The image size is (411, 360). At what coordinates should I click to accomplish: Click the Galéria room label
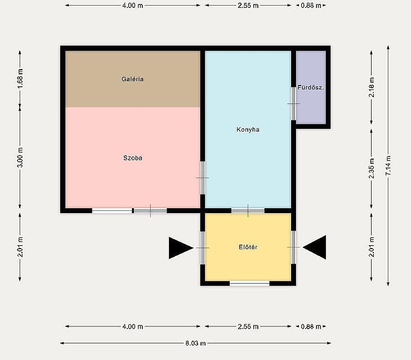[x=132, y=79]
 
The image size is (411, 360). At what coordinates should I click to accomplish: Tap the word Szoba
[x=133, y=158]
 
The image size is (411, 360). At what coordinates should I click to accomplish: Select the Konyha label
[x=248, y=129]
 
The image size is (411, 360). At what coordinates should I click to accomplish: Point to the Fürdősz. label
[x=311, y=87]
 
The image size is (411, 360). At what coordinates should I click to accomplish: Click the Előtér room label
[x=248, y=247]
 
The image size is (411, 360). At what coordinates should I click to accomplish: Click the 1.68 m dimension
[x=20, y=79]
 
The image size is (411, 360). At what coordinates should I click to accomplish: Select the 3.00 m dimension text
[x=20, y=157]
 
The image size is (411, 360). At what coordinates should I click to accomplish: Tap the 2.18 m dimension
[x=372, y=87]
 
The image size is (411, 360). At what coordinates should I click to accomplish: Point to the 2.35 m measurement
[x=372, y=168]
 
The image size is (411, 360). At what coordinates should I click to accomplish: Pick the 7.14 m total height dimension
[x=388, y=165]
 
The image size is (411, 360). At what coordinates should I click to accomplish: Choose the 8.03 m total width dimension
[x=195, y=343]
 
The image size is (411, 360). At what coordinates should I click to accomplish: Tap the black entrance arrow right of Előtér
[x=315, y=247]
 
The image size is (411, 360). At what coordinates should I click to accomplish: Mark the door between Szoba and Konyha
[x=203, y=178]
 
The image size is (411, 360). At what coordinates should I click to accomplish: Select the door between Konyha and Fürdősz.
[x=294, y=103]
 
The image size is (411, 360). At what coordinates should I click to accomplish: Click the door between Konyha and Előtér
[x=248, y=210]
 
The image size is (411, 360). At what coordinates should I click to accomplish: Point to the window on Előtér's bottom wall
[x=249, y=283]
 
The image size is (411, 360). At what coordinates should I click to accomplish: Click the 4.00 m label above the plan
[x=133, y=5]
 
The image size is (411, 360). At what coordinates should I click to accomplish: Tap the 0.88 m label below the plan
[x=311, y=326]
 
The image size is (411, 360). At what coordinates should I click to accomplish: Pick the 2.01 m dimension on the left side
[x=20, y=247]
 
